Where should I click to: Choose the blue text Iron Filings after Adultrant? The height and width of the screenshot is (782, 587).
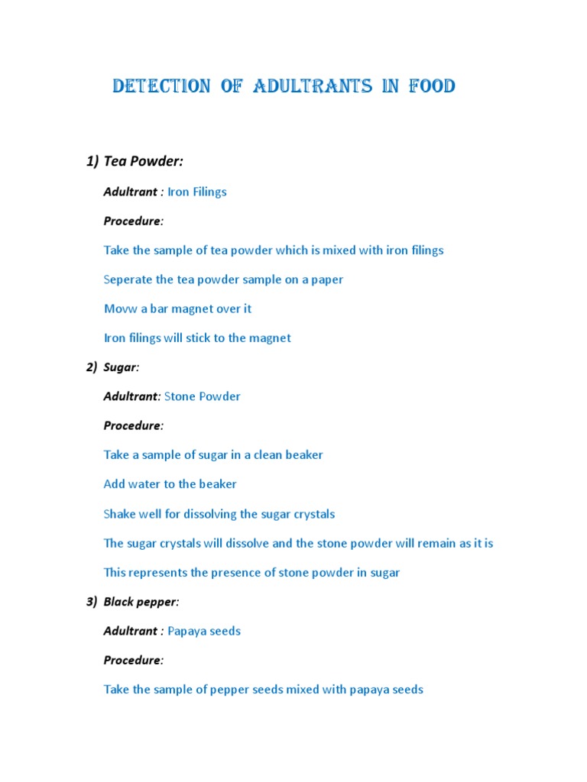[197, 192]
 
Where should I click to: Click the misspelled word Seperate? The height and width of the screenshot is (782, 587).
[128, 280]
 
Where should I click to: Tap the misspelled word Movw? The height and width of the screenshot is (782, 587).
[119, 309]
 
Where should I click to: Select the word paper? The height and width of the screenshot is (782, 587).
[326, 280]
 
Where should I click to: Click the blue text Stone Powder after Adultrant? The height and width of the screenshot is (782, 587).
[203, 396]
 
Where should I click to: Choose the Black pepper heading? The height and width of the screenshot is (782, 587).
[141, 602]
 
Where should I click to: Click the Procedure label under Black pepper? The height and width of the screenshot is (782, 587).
[133, 660]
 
